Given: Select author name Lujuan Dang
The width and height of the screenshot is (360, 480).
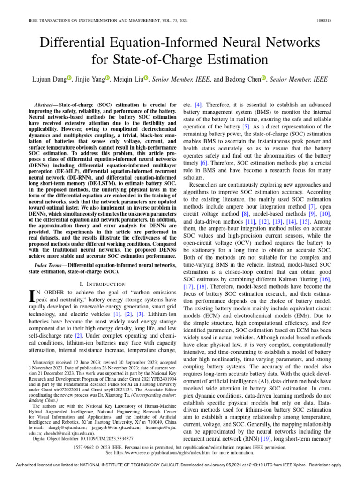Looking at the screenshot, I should coord(50,80).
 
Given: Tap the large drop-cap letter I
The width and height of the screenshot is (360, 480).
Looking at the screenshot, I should coord(32,296).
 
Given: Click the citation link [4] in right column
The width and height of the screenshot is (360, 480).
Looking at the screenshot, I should coord(198,105).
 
